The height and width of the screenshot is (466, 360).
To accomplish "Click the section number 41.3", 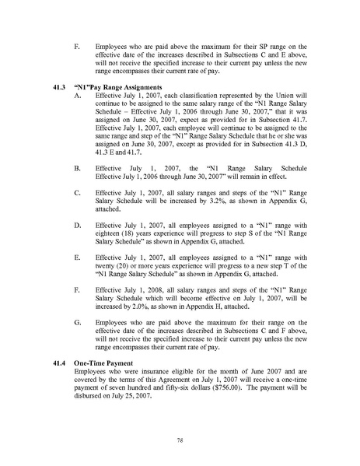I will (52, 86).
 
